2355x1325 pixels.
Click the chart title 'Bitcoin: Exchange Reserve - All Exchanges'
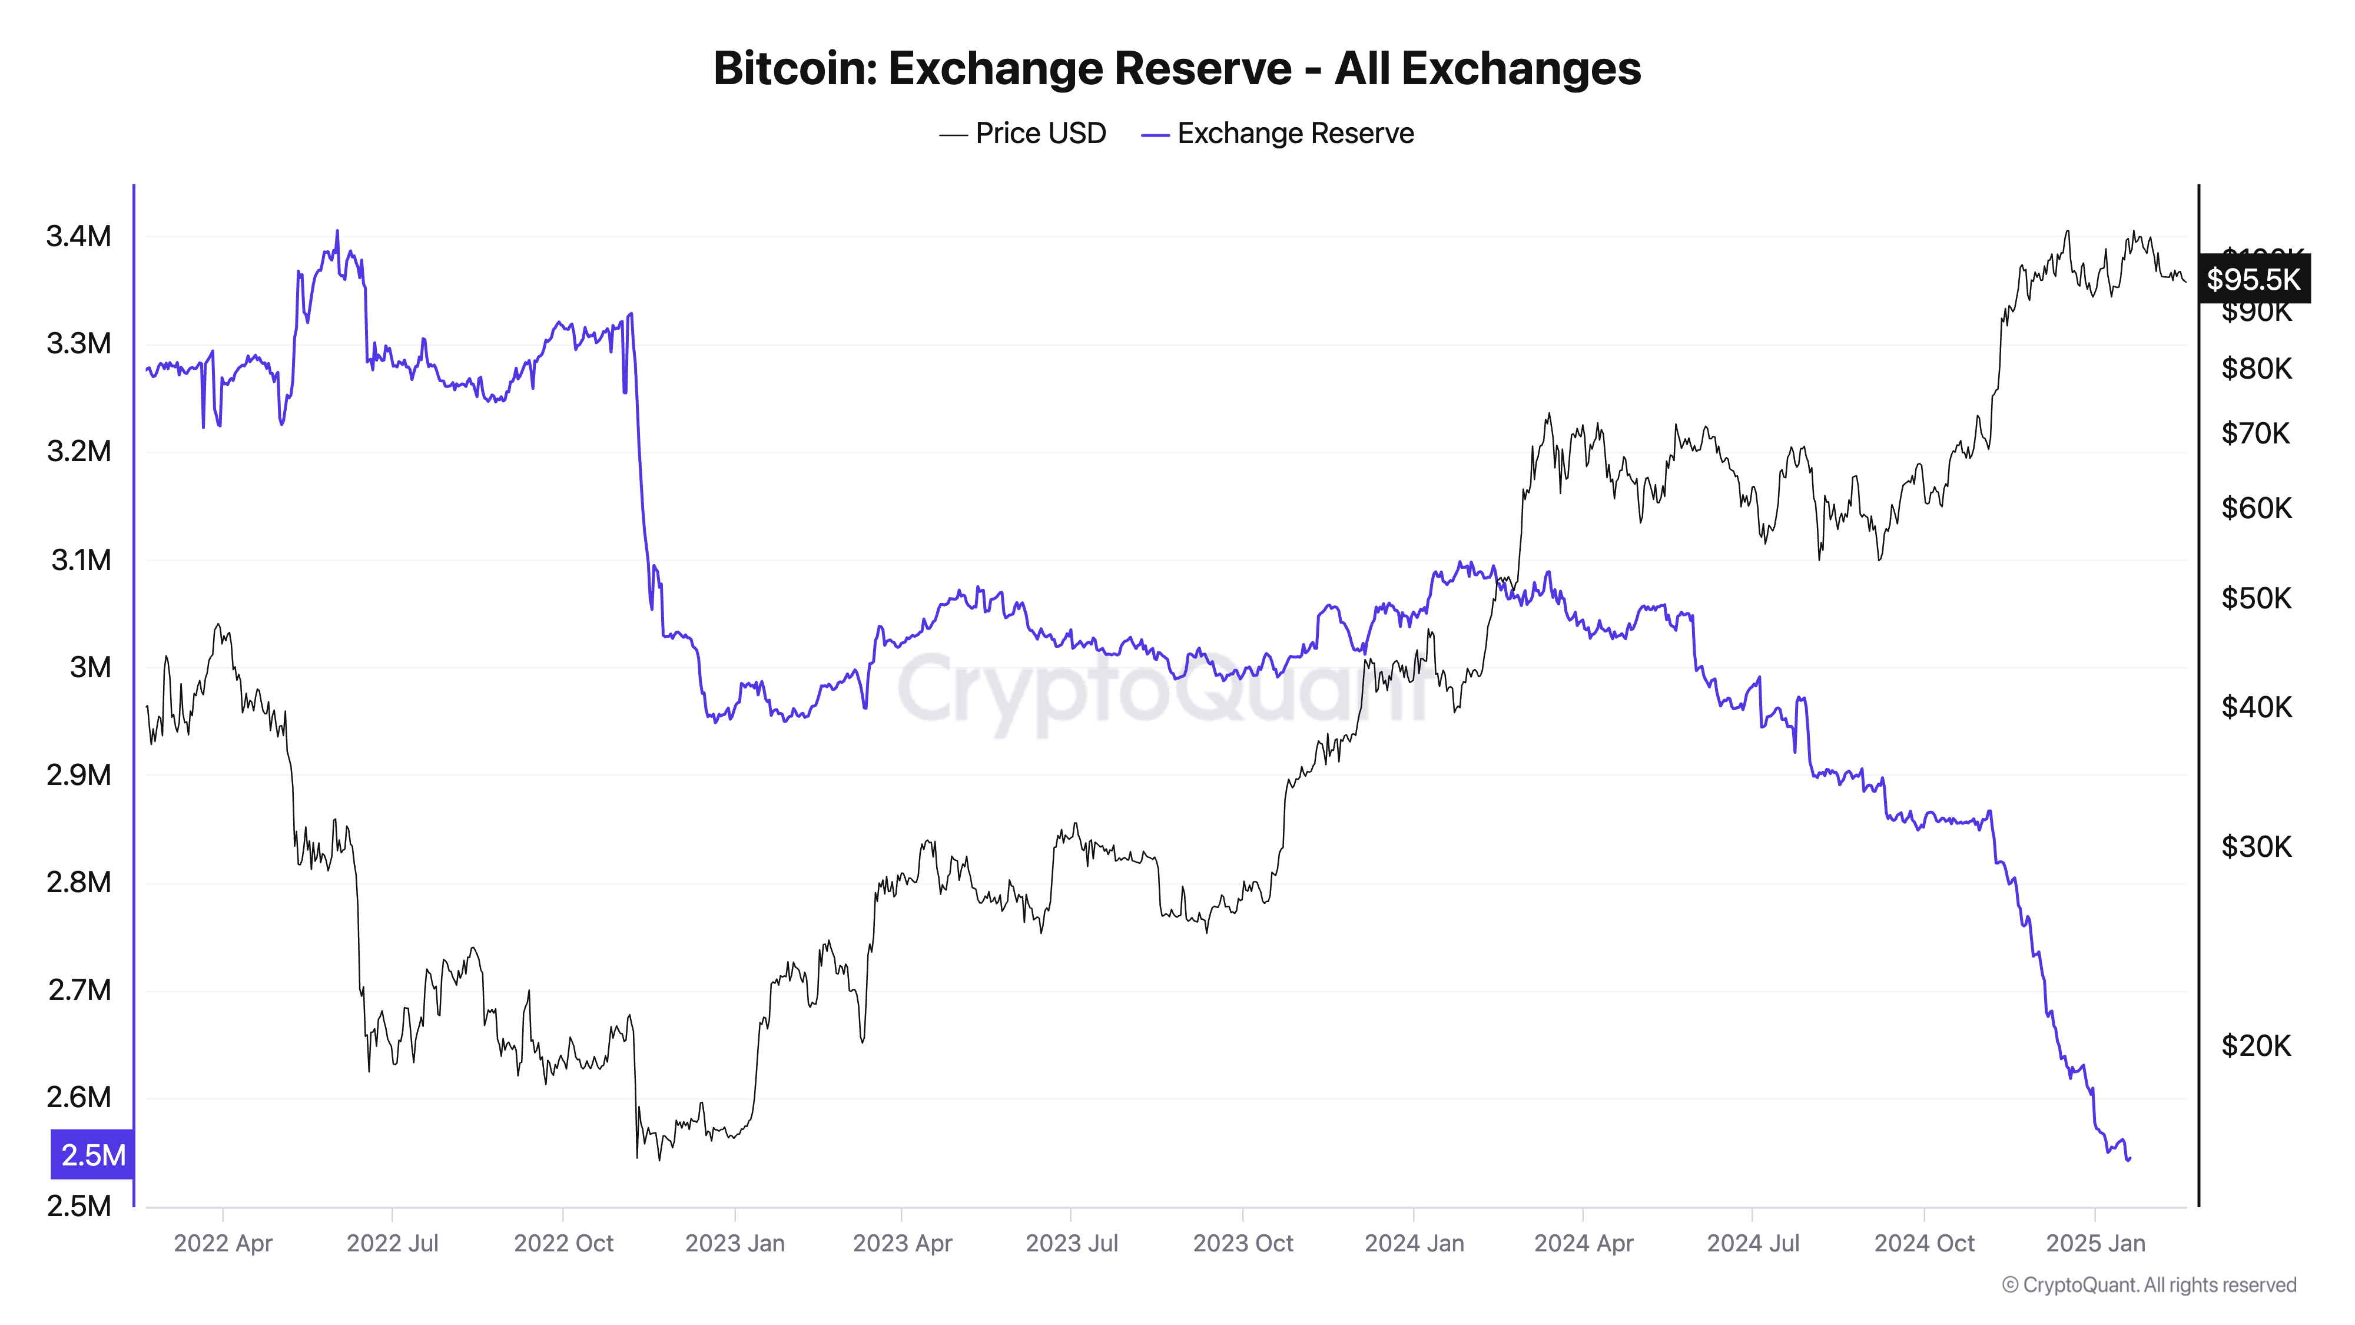click(1176, 68)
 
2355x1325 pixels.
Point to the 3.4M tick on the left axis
click(79, 236)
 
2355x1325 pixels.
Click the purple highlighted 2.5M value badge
click(92, 1155)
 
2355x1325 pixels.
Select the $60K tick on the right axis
click(2256, 508)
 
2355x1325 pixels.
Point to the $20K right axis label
click(2256, 1045)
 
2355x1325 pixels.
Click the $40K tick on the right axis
click(2256, 707)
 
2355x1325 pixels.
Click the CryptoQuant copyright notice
click(2148, 1285)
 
